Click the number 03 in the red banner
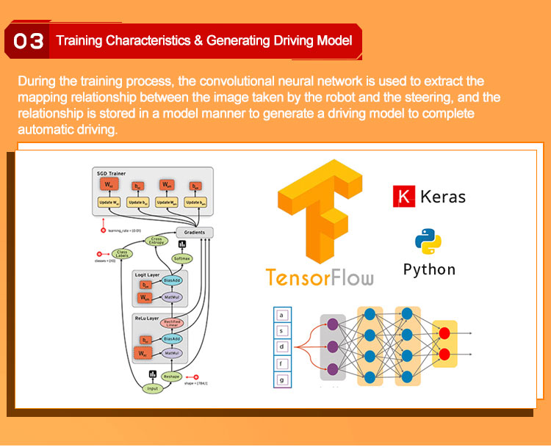coord(29,42)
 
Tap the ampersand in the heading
coord(198,40)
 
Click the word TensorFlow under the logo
coord(319,277)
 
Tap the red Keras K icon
coord(403,196)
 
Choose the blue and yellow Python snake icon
coord(428,241)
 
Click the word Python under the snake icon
coord(429,269)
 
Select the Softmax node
coord(181,258)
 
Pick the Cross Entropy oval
coord(156,241)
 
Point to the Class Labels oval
coord(122,253)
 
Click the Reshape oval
coord(170,377)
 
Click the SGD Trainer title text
coord(112,173)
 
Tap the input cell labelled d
coord(281,346)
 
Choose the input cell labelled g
coord(281,379)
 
